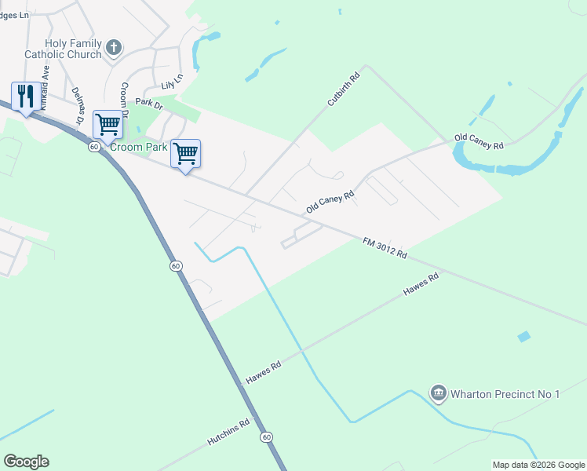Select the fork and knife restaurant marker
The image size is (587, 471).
pyautogui.click(x=25, y=97)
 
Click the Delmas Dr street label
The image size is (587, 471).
pyautogui.click(x=78, y=106)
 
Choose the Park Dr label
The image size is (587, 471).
pyautogui.click(x=148, y=103)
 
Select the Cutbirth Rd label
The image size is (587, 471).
pyautogui.click(x=343, y=89)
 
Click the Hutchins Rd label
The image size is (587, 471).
pyautogui.click(x=228, y=433)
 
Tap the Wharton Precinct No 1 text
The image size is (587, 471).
pyautogui.click(x=505, y=393)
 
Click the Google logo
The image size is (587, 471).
pyautogui.click(x=27, y=462)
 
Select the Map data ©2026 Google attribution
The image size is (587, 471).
pyautogui.click(x=538, y=465)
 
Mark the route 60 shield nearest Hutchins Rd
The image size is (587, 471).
pyautogui.click(x=267, y=436)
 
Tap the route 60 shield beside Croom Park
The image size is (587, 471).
pyautogui.click(x=93, y=147)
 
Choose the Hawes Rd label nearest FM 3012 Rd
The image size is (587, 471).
pyautogui.click(x=421, y=283)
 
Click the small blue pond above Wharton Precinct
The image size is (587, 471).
pyautogui.click(x=523, y=337)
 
